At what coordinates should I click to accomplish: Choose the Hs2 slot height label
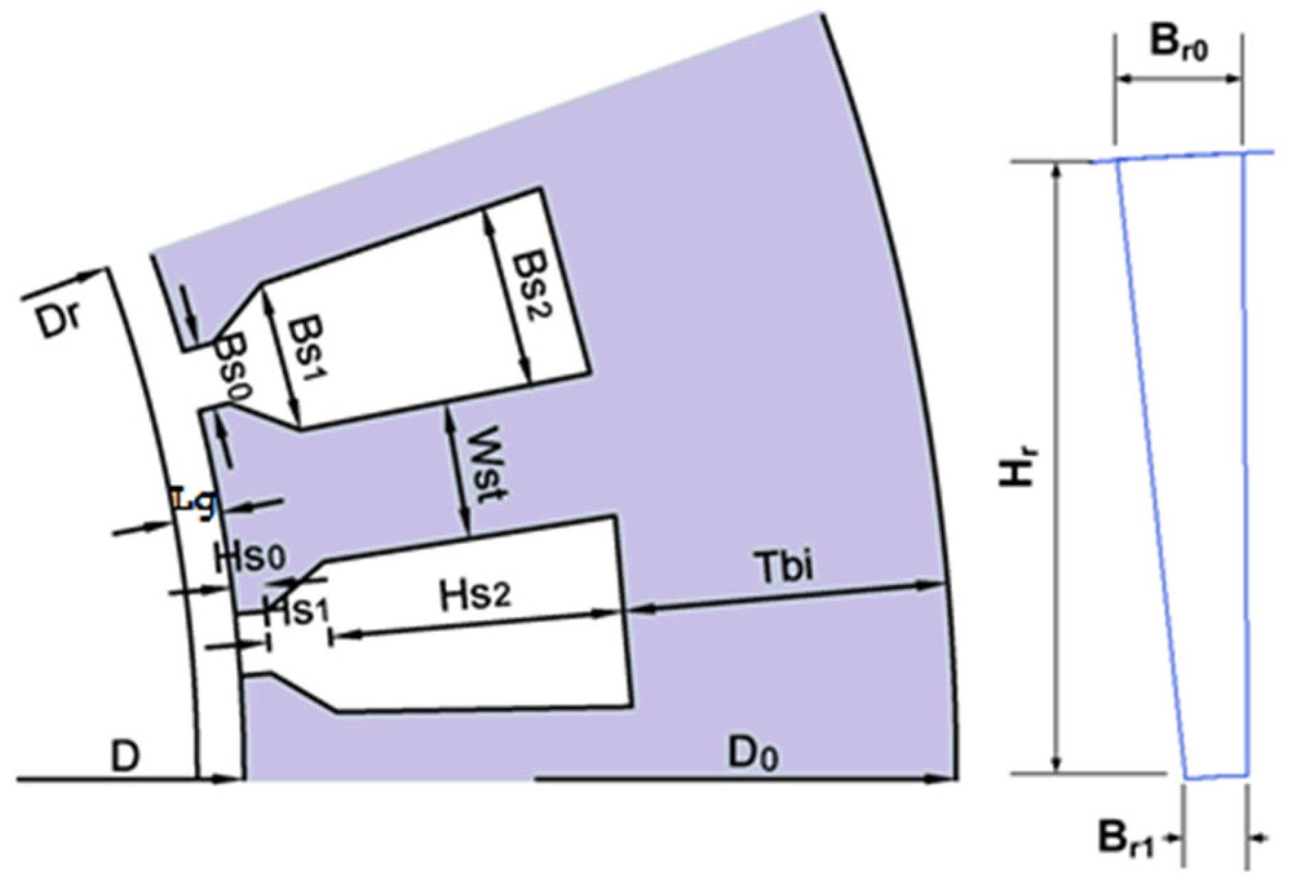475,595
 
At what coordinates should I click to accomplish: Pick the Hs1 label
297,610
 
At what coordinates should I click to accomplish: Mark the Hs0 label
249,557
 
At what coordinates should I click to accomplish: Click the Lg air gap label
195,501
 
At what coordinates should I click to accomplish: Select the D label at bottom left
125,757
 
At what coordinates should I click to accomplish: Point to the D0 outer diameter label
753,755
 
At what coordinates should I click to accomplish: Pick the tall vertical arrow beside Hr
1058,467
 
